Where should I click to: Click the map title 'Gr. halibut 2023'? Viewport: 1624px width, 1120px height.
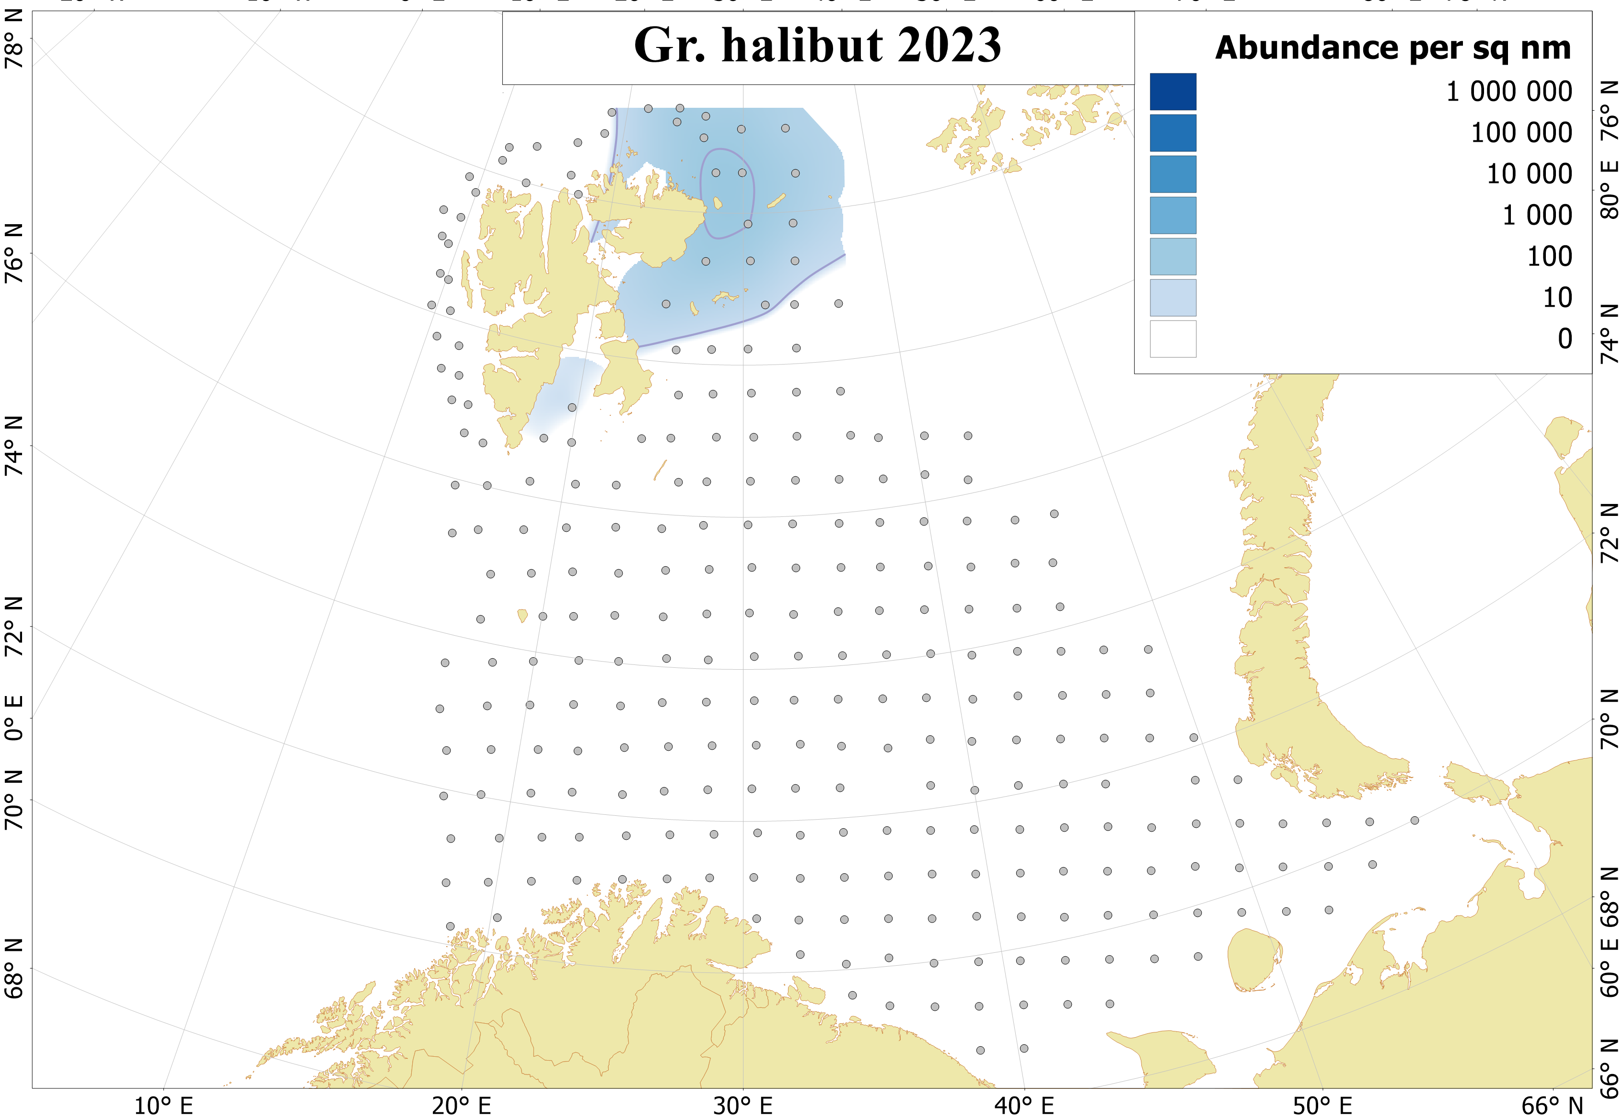click(817, 46)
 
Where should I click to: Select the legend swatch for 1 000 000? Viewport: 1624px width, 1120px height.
click(1172, 91)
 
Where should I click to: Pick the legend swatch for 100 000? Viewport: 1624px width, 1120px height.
click(1172, 133)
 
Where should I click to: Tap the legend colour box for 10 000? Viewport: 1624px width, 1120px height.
click(1172, 174)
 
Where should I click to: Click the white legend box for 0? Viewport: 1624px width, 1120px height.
click(1172, 339)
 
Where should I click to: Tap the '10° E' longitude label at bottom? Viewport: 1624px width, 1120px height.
click(163, 1106)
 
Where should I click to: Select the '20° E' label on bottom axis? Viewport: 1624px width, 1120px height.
click(461, 1106)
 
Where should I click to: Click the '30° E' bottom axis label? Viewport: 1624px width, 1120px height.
click(743, 1106)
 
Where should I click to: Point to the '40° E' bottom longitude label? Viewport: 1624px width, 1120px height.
click(1024, 1106)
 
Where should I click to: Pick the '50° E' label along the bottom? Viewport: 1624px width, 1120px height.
click(1322, 1106)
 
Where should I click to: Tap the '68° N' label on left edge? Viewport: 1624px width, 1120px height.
click(14, 969)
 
